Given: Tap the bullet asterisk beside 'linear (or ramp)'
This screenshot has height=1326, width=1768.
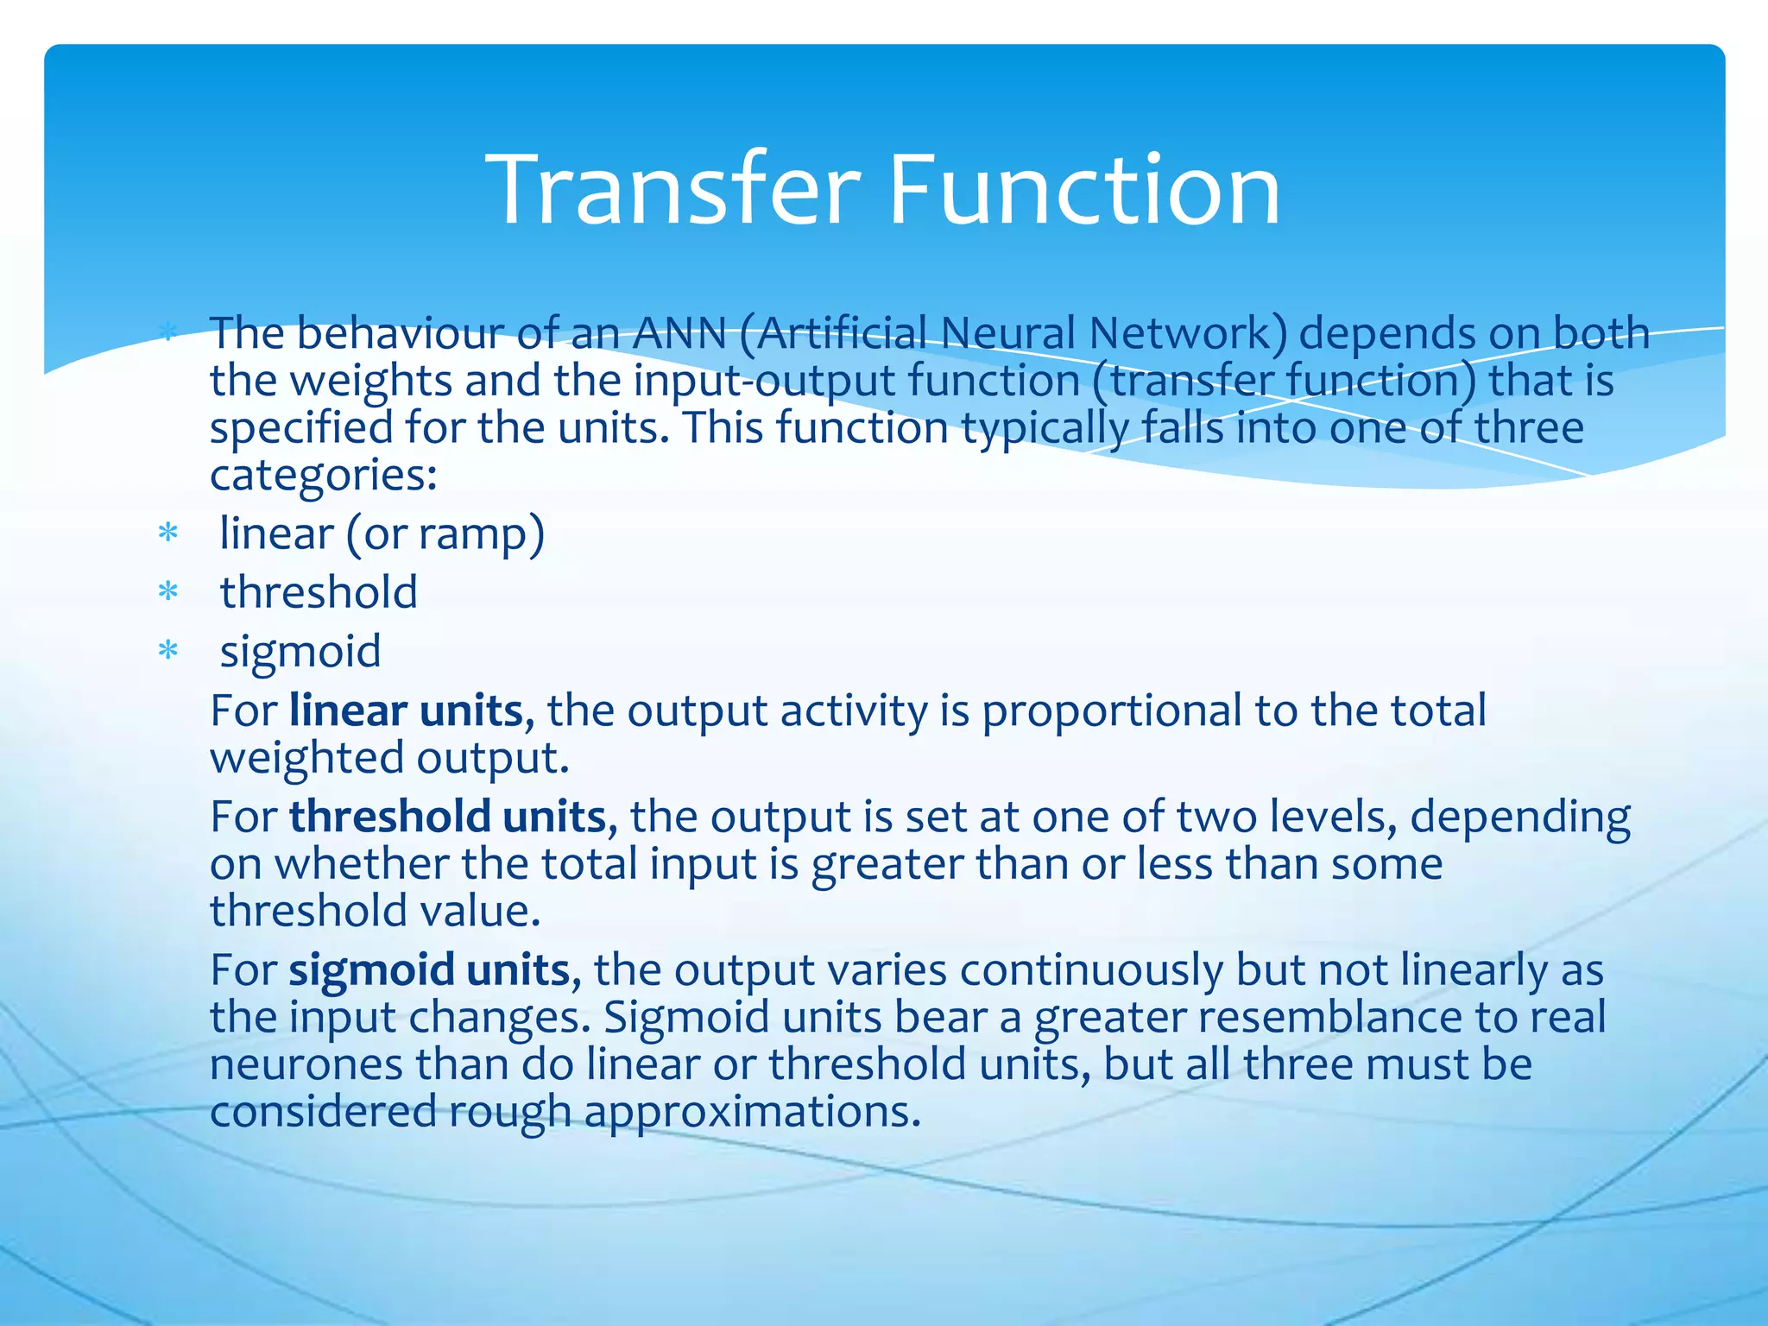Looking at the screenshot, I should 168,534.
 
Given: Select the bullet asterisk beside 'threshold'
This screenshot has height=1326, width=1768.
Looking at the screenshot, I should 168,593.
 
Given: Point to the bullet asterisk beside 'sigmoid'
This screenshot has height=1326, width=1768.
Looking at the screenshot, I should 168,652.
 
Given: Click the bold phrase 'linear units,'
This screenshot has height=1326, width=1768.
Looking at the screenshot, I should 412,711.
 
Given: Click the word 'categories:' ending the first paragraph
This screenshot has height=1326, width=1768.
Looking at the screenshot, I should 324,476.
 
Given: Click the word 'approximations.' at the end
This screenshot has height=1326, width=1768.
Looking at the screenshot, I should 753,1112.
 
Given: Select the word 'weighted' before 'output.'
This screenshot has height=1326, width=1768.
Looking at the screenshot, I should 306,759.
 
